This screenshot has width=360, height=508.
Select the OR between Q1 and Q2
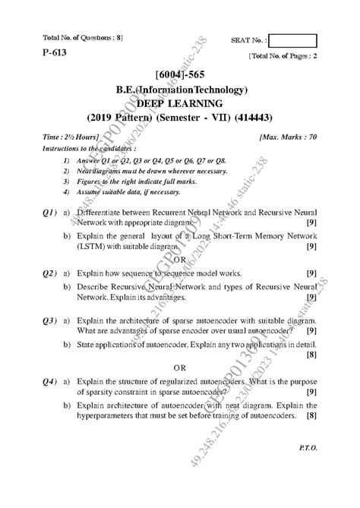pos(180,260)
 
